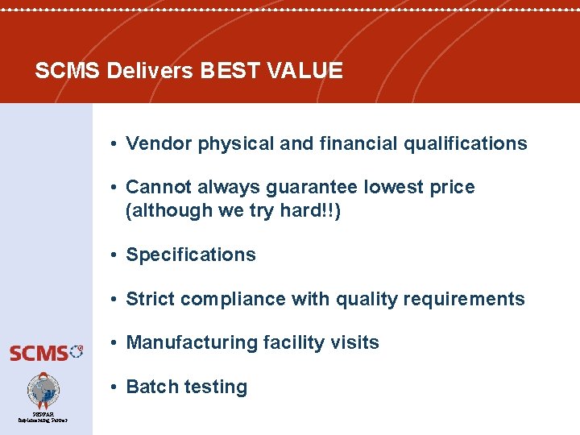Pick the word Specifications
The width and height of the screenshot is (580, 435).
[191, 255]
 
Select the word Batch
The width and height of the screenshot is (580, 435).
[152, 387]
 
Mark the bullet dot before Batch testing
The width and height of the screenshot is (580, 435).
[116, 387]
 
